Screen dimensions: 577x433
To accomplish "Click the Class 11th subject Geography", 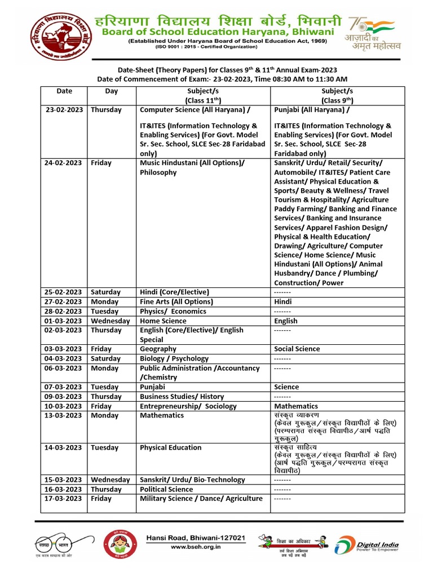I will point(158,349).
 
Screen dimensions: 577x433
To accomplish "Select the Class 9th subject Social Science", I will point(297,349).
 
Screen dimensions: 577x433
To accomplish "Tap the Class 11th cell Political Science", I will point(166,489).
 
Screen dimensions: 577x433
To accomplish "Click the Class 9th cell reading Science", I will point(286,387).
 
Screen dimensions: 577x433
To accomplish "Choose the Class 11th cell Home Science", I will point(163,321).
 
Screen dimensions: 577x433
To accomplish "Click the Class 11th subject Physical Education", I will point(170,447).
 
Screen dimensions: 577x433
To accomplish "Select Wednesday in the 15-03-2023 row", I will point(111,480).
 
